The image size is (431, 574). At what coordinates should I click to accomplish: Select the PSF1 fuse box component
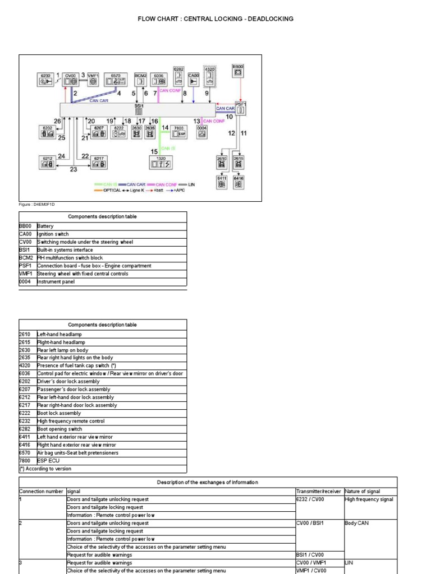pos(241,109)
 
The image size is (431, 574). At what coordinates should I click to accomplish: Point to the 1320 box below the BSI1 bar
pos(161,161)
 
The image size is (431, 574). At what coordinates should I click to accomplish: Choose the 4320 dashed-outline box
pos(209,76)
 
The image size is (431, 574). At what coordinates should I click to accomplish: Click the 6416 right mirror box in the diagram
pos(239,182)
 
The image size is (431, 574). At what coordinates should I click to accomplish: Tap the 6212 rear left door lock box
pos(48,162)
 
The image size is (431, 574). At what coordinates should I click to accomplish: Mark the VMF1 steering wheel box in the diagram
pos(93,79)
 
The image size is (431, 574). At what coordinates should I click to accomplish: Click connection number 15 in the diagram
pos(154,151)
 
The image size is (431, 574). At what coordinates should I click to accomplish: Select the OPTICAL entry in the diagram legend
pos(110,190)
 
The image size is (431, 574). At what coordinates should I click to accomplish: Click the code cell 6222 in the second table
pos(27,413)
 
